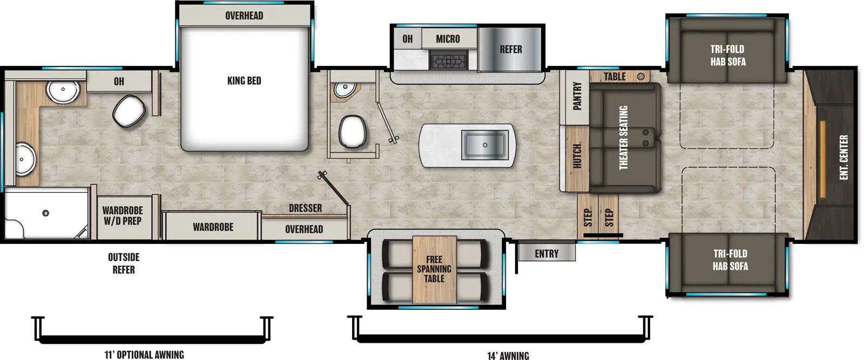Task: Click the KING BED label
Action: click(244, 81)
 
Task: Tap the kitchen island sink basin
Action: click(484, 145)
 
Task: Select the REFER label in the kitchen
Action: click(510, 50)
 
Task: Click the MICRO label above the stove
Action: click(448, 39)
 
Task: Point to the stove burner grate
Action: click(448, 60)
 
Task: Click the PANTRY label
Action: click(577, 96)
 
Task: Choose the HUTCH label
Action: click(577, 156)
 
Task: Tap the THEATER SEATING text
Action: click(623, 138)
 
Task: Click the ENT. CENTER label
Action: click(844, 157)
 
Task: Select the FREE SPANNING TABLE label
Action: click(434, 269)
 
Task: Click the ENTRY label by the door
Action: click(546, 254)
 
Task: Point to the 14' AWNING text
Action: click(508, 355)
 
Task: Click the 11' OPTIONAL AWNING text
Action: click(144, 355)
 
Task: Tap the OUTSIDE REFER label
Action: click(124, 263)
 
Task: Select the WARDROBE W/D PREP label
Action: click(123, 215)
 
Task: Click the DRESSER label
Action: click(305, 208)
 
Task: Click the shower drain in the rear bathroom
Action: click(46, 213)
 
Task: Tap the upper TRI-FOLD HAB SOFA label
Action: click(727, 55)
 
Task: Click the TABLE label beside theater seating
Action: click(615, 77)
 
